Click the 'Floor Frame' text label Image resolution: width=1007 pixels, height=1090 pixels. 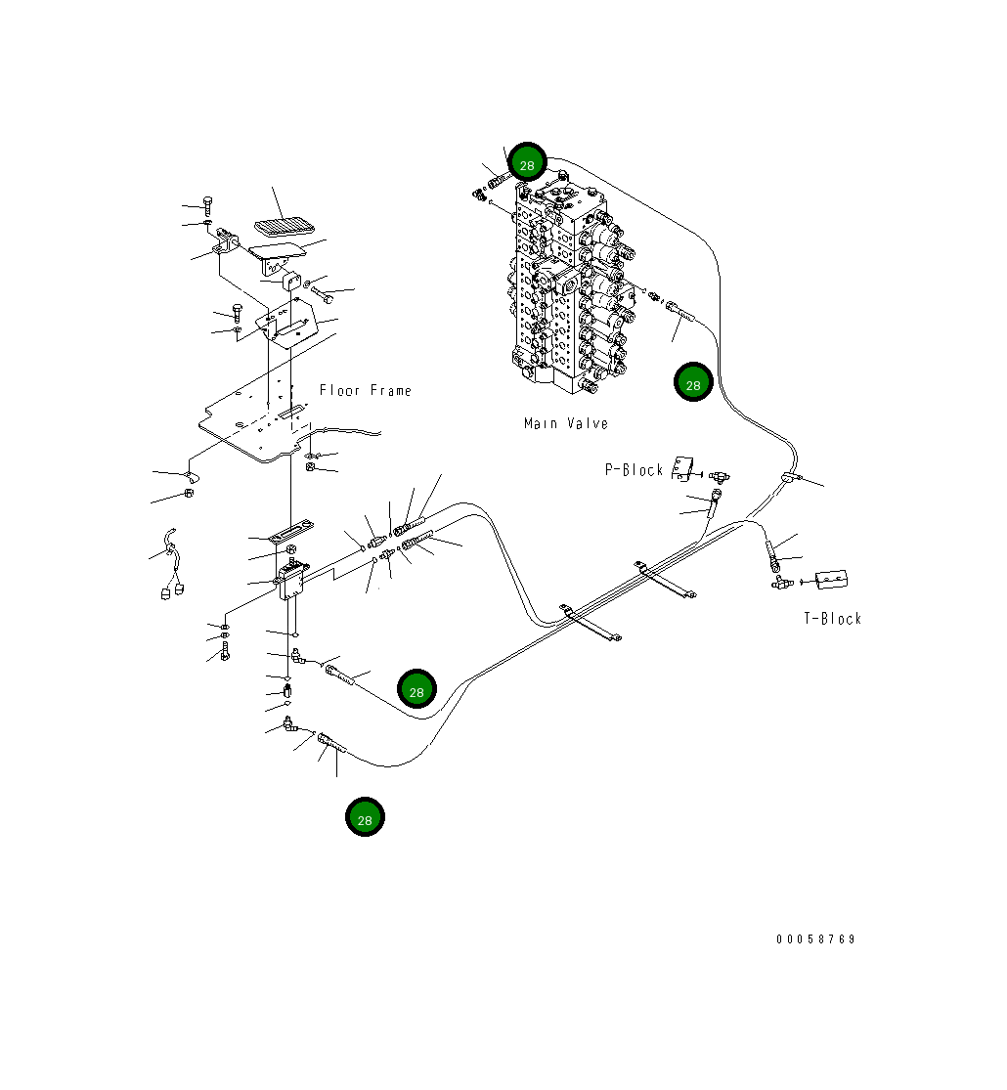click(x=366, y=391)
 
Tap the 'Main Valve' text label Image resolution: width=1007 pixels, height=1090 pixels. click(x=566, y=424)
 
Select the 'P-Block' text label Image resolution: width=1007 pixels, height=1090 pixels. click(x=634, y=470)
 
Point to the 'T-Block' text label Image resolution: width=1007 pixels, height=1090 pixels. click(x=833, y=619)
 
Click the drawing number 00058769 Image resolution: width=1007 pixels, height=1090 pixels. click(x=816, y=939)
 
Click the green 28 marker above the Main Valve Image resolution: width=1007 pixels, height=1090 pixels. click(x=527, y=164)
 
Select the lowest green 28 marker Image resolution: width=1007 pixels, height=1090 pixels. click(x=365, y=819)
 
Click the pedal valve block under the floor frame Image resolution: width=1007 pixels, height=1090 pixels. click(x=291, y=580)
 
